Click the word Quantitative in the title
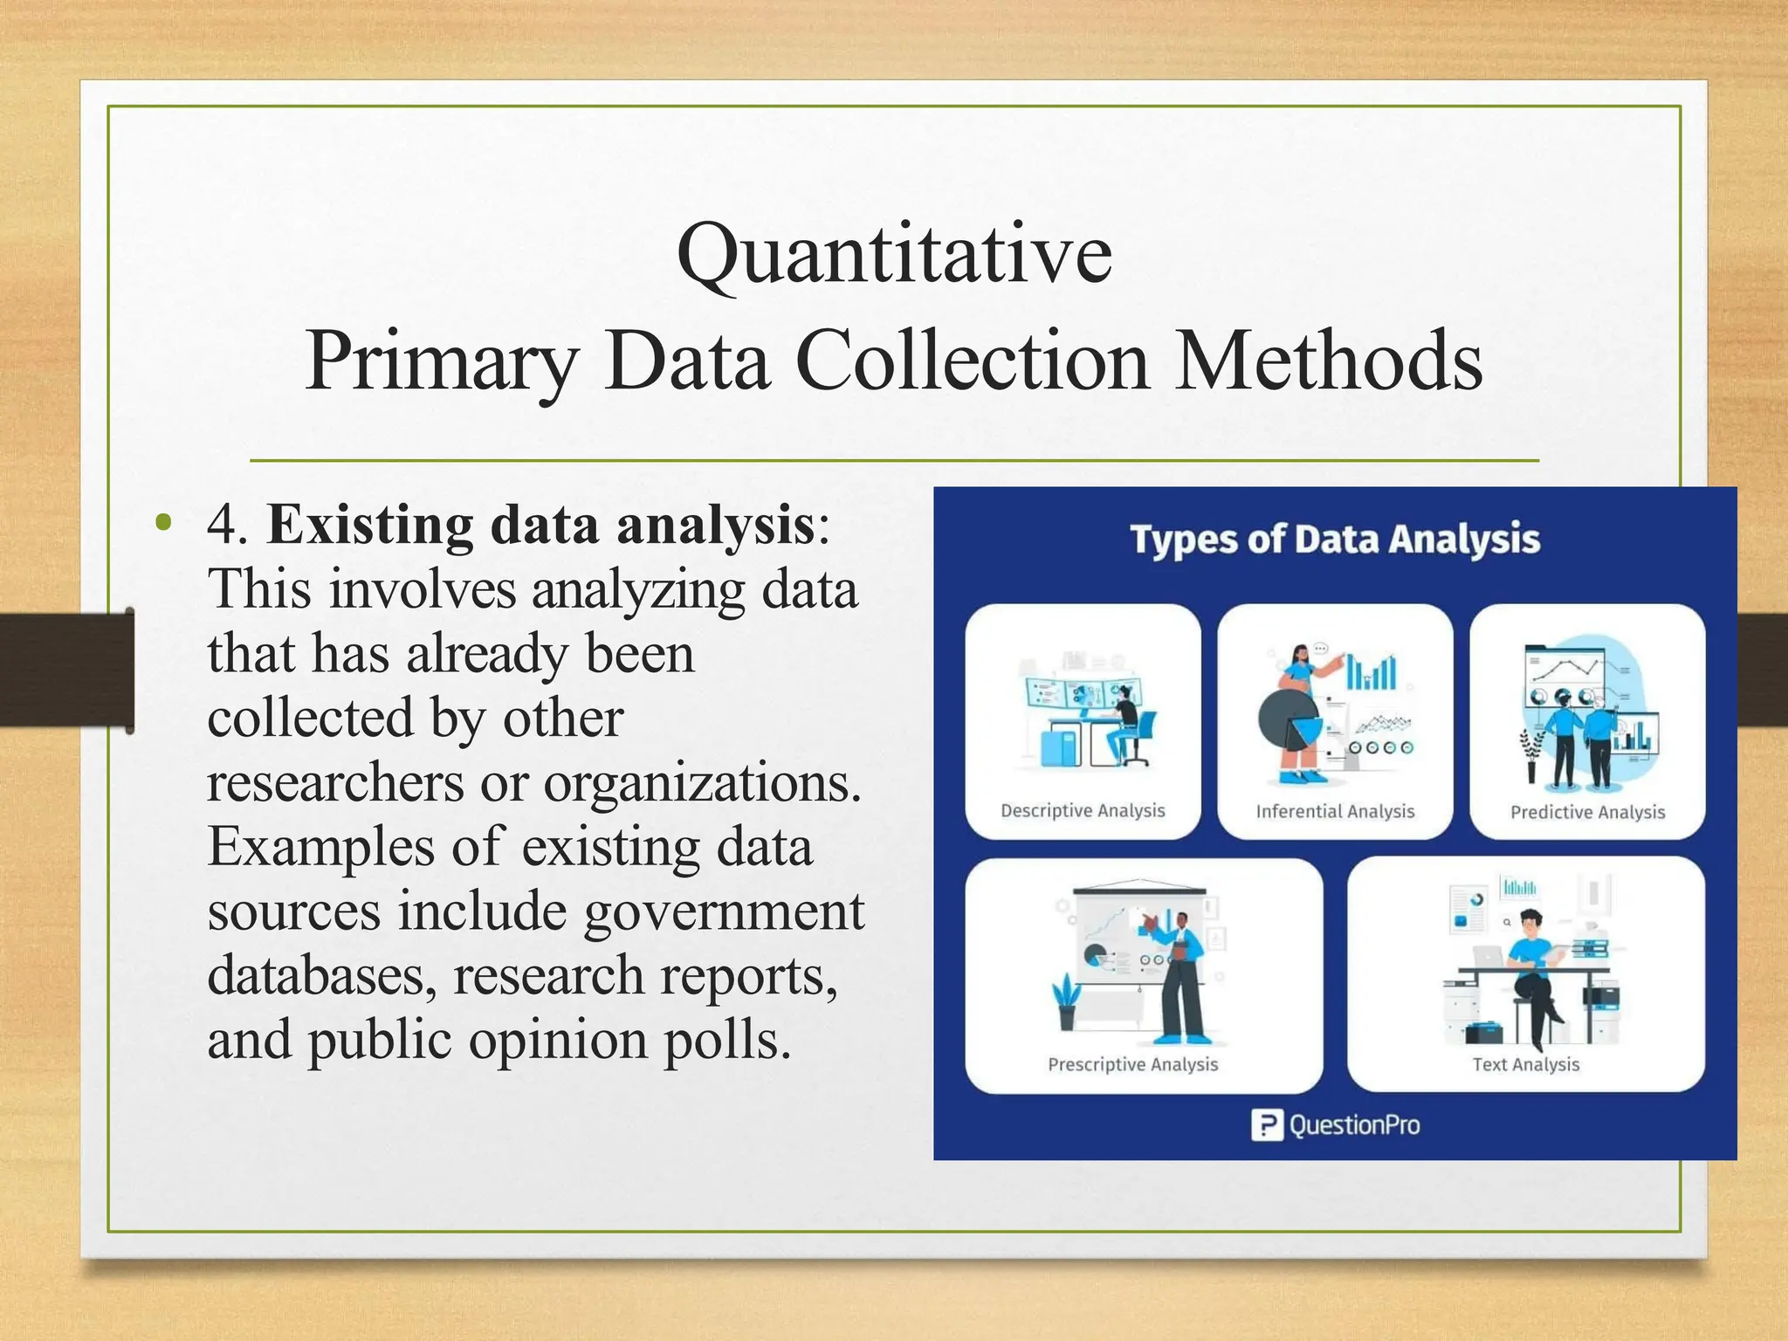pyautogui.click(x=894, y=255)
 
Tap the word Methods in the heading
pyautogui.click(x=1328, y=361)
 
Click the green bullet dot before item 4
pyautogui.click(x=162, y=524)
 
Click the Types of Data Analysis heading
pyautogui.click(x=1334, y=539)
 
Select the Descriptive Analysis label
pyautogui.click(x=1083, y=810)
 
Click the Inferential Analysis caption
pyautogui.click(x=1335, y=811)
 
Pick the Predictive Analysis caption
pyautogui.click(x=1587, y=812)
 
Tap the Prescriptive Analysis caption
pyautogui.click(x=1132, y=1064)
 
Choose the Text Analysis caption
pyautogui.click(x=1525, y=1064)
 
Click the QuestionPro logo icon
pyautogui.click(x=1267, y=1125)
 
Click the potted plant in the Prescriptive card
pyautogui.click(x=1066, y=1004)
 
